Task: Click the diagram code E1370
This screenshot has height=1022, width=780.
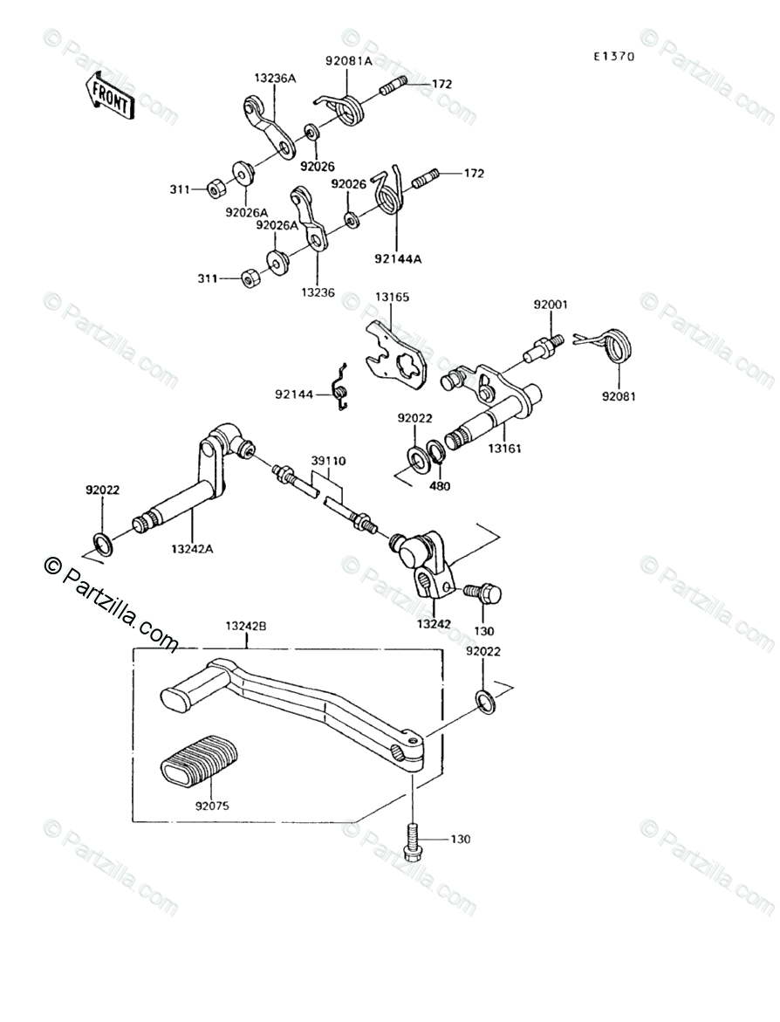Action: [x=613, y=57]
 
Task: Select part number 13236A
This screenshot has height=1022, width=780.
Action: [x=275, y=79]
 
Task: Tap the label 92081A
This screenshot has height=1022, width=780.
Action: [x=348, y=62]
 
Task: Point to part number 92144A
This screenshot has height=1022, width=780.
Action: [x=398, y=258]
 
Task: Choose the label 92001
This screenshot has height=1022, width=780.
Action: [x=551, y=305]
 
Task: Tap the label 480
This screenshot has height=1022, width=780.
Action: [x=440, y=485]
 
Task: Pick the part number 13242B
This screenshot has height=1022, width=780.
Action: [x=246, y=626]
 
